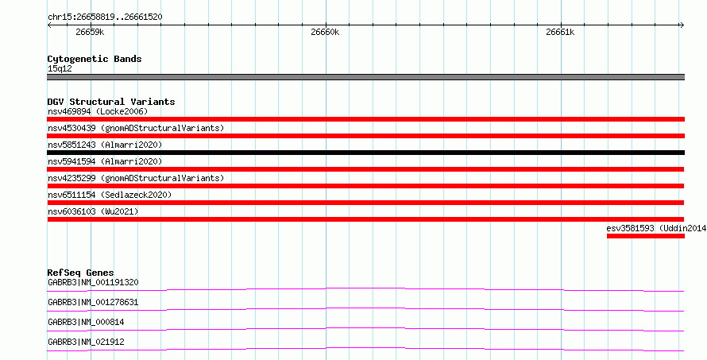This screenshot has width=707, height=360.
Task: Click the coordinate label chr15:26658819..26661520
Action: click(105, 17)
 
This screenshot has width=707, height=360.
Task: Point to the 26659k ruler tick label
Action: click(91, 32)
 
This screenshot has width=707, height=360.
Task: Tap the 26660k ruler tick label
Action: click(325, 32)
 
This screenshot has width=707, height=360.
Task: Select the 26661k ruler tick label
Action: click(560, 32)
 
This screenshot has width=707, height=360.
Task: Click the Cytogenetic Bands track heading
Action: click(95, 59)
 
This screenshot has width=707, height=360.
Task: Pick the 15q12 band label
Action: click(60, 68)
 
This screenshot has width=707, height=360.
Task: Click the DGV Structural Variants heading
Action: click(111, 102)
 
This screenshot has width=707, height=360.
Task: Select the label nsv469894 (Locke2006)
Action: click(98, 111)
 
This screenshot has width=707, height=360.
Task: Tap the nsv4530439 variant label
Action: click(71, 128)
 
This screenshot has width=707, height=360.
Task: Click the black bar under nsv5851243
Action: click(366, 153)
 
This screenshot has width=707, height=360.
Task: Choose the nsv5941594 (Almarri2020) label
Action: click(105, 161)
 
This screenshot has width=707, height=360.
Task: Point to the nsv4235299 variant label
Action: click(71, 178)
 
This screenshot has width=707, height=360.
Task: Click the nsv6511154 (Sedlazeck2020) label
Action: click(110, 195)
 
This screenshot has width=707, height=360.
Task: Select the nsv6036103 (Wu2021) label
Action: click(93, 211)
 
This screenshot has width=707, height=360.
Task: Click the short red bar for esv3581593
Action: click(646, 236)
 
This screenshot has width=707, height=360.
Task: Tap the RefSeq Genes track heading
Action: click(81, 273)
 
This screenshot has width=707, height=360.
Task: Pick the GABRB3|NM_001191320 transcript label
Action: click(93, 283)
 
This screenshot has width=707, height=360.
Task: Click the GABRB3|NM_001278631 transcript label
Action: click(93, 302)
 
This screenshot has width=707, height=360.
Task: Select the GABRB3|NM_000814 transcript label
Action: click(86, 322)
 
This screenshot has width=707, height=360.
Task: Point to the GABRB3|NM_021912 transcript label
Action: click(86, 342)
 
